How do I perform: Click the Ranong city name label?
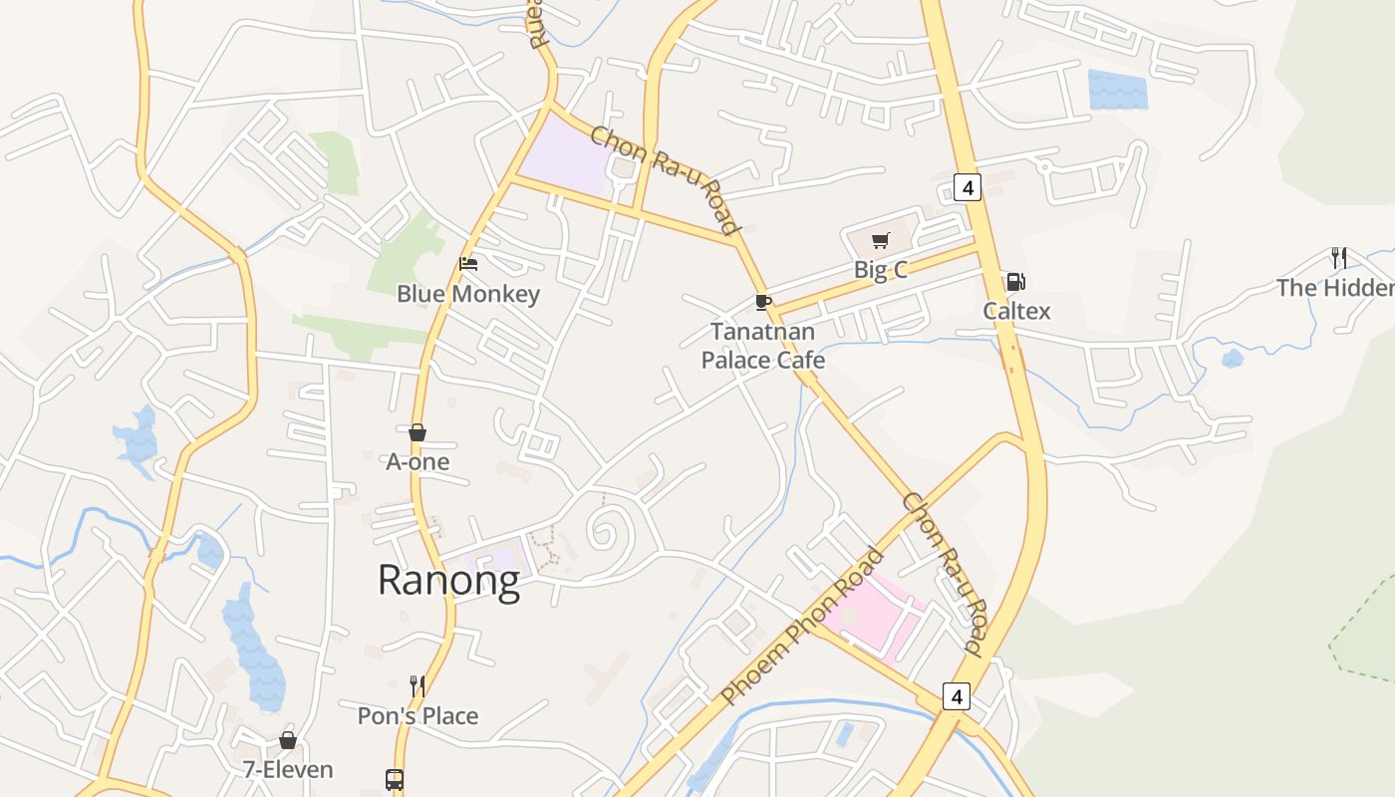click(x=448, y=580)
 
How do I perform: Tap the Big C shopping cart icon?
click(x=880, y=240)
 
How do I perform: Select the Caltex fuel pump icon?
click(x=1015, y=282)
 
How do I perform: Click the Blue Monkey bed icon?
click(x=468, y=264)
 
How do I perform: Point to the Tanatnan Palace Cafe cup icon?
click(x=763, y=302)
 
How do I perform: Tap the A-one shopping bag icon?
click(x=418, y=432)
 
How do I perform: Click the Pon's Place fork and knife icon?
click(x=418, y=685)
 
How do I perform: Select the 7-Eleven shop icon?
click(x=288, y=740)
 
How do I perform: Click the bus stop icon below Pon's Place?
click(x=395, y=779)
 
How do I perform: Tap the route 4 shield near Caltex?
click(x=968, y=186)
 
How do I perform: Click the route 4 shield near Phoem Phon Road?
click(x=957, y=696)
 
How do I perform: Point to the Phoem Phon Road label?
click(x=802, y=627)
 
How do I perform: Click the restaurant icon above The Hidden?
click(x=1338, y=258)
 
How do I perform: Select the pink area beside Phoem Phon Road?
click(x=877, y=618)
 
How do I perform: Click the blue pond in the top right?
click(x=1117, y=90)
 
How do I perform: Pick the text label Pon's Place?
click(x=418, y=715)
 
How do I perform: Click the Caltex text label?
click(x=1016, y=311)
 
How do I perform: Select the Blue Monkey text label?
click(x=468, y=294)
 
